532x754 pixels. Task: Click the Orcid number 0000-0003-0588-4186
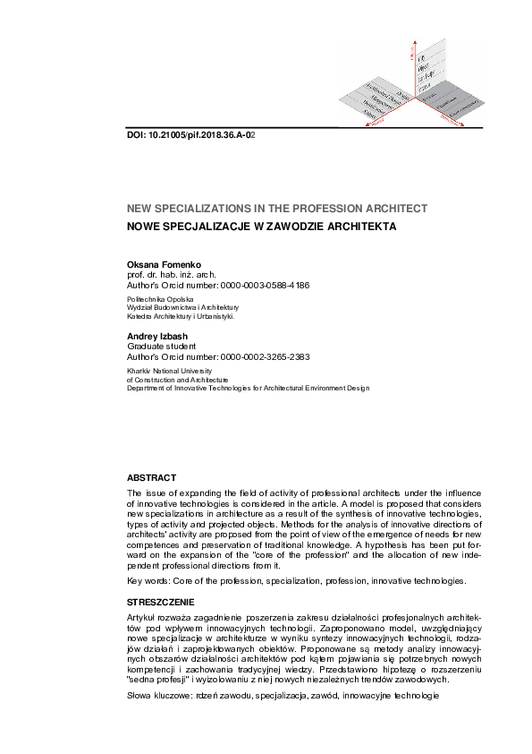coord(266,286)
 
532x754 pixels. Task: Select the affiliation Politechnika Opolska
coord(161,299)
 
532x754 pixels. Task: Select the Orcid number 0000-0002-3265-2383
coord(266,356)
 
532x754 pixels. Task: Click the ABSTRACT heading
coord(151,478)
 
